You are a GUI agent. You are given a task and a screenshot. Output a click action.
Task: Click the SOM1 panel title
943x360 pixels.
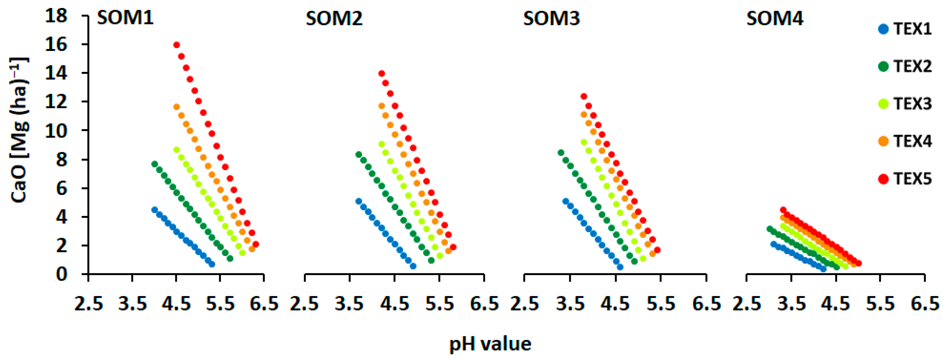click(125, 18)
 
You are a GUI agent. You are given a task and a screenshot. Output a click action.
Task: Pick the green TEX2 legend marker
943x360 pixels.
click(883, 67)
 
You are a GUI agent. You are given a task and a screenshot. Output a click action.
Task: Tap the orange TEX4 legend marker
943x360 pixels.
click(883, 141)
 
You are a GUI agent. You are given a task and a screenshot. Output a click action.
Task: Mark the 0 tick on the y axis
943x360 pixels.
click(61, 274)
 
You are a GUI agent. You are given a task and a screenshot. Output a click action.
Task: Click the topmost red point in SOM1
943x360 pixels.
click(176, 45)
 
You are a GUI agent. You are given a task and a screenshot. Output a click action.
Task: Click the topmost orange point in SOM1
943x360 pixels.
click(176, 107)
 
